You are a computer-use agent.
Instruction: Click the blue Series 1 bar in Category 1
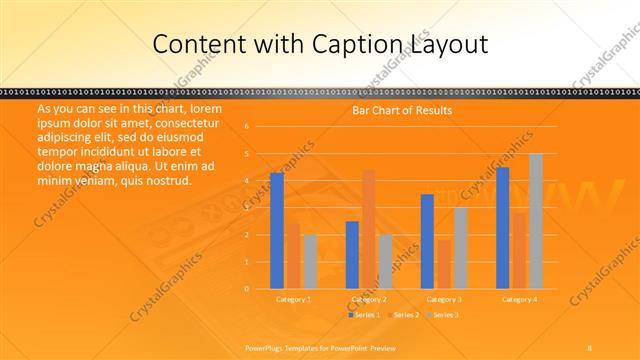[277, 231]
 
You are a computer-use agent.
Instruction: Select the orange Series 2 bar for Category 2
[368, 229]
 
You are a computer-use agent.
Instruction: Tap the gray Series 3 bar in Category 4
[536, 221]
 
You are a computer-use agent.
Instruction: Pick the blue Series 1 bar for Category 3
[427, 241]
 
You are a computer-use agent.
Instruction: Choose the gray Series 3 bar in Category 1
[310, 261]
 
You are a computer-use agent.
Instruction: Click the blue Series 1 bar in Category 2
[352, 255]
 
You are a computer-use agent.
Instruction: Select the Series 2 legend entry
[403, 315]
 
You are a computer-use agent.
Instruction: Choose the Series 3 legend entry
[443, 315]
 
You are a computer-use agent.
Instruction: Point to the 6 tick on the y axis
[247, 127]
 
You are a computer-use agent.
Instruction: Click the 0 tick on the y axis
[247, 289]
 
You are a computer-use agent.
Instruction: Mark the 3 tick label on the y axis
[247, 208]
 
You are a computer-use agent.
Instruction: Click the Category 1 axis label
[294, 299]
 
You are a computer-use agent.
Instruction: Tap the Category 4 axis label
[519, 299]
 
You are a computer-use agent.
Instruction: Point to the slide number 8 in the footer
[589, 347]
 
